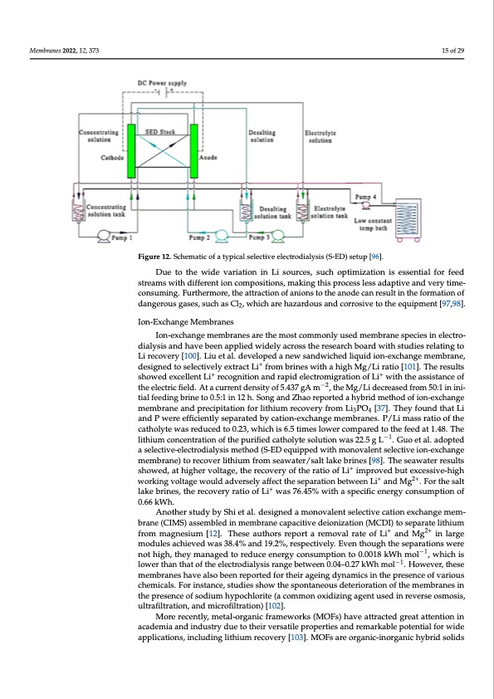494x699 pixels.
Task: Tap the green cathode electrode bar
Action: coord(130,150)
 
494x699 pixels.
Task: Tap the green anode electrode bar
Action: coord(194,150)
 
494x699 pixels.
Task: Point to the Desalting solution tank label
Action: coord(274,213)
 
